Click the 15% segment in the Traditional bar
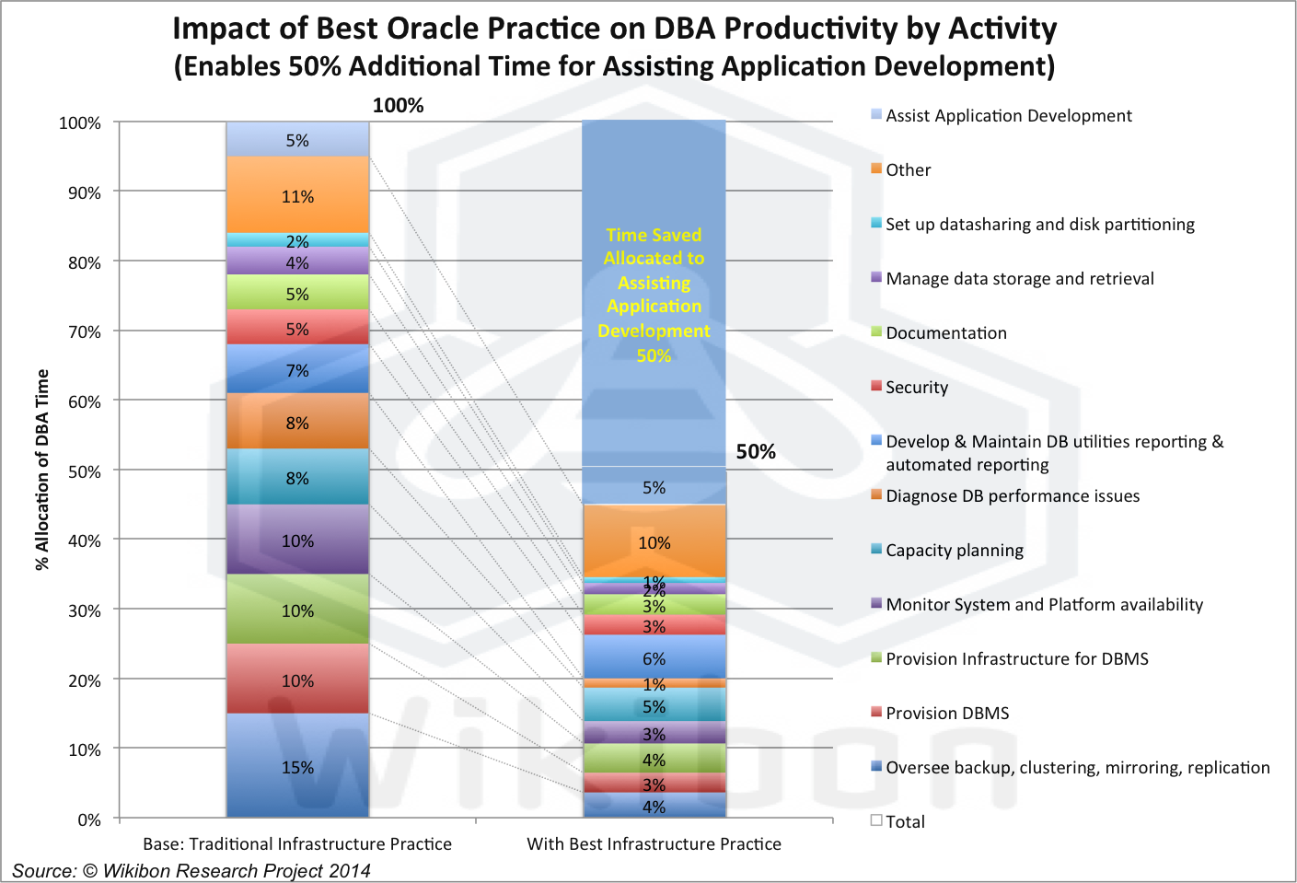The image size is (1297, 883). coord(297,766)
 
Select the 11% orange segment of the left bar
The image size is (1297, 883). coord(297,195)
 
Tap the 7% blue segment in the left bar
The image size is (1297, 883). coord(297,370)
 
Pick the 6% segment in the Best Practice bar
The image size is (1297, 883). coord(654,658)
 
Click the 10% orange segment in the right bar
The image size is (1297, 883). coord(654,542)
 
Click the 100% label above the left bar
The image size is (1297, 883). coord(398,106)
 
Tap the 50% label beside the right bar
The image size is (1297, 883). coord(756,451)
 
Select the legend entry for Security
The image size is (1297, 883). coord(916,388)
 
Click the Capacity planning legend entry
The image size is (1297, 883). coord(954,551)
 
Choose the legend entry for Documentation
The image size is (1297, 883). coord(945,333)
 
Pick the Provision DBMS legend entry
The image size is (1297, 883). coord(946,714)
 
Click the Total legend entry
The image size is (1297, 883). coord(905,822)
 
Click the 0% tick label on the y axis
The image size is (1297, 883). coord(89,819)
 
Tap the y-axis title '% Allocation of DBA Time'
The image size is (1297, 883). coord(42,470)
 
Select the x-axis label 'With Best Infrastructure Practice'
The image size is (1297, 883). coord(654,844)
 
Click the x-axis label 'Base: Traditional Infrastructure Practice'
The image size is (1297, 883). coord(297,844)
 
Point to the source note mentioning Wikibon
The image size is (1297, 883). coord(191,871)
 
